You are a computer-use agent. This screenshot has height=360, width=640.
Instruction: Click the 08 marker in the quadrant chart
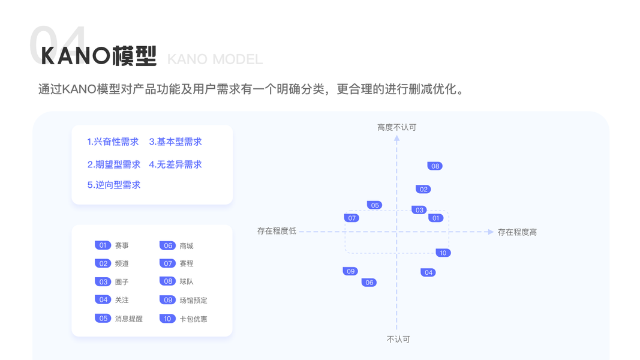click(435, 166)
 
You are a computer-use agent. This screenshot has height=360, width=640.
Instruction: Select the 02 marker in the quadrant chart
click(423, 189)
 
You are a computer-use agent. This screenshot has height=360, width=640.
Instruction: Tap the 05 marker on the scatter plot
click(375, 205)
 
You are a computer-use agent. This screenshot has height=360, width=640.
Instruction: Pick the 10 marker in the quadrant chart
click(443, 253)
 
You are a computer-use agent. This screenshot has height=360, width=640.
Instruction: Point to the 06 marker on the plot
click(369, 282)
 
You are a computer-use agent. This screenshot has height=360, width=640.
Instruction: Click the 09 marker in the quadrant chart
click(350, 271)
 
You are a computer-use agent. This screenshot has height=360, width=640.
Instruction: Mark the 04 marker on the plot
click(428, 272)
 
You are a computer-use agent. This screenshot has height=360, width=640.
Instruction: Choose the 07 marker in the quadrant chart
click(351, 218)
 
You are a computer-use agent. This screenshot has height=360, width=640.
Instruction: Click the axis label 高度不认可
click(396, 127)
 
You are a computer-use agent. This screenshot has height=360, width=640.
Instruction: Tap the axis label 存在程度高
click(517, 232)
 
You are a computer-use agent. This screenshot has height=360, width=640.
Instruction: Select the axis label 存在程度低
click(277, 231)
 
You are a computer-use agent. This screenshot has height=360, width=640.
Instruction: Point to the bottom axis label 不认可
click(398, 339)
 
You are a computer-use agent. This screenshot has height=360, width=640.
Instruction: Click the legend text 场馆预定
click(193, 300)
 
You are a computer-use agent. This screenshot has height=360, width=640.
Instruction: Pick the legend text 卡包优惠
click(193, 319)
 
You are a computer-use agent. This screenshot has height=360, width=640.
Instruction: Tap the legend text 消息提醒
click(128, 319)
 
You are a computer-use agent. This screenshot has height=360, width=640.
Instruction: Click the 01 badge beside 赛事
click(103, 245)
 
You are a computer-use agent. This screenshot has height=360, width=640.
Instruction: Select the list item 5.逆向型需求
click(114, 185)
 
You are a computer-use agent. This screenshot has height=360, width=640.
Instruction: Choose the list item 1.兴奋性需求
click(113, 142)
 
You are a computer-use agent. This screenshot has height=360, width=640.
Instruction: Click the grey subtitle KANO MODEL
click(215, 59)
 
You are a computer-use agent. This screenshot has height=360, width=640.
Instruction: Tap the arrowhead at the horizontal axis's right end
click(491, 232)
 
